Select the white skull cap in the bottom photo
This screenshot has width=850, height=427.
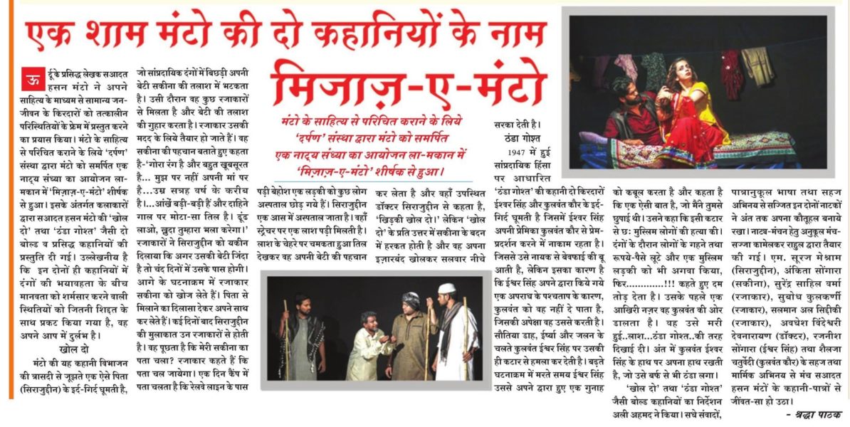click(447, 288)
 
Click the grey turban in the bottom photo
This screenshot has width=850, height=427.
click(410, 300)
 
